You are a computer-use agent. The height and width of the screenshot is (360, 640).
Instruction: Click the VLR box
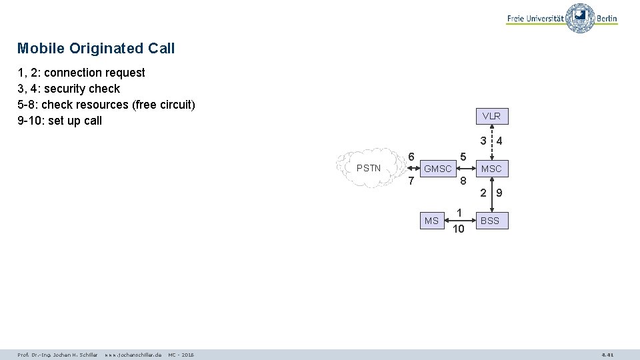pyautogui.click(x=491, y=116)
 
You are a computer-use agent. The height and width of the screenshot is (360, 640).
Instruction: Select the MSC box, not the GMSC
pyautogui.click(x=491, y=169)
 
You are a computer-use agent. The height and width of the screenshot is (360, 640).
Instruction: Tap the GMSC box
pyautogui.click(x=438, y=169)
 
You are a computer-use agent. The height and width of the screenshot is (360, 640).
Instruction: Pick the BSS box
pyautogui.click(x=490, y=220)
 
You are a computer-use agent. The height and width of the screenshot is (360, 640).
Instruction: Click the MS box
pyautogui.click(x=432, y=221)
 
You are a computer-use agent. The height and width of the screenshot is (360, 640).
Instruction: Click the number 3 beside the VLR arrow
pyautogui.click(x=483, y=141)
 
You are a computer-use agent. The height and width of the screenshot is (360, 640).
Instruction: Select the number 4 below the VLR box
pyautogui.click(x=499, y=141)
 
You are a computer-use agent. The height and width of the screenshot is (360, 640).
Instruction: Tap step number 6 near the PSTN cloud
pyautogui.click(x=411, y=157)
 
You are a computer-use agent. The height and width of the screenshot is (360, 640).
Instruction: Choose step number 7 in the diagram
pyautogui.click(x=411, y=181)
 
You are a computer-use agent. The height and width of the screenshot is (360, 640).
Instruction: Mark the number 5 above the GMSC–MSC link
pyautogui.click(x=462, y=157)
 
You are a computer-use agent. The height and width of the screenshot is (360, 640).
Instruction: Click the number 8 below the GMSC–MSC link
pyautogui.click(x=462, y=181)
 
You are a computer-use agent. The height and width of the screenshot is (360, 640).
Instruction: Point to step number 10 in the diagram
pyautogui.click(x=458, y=229)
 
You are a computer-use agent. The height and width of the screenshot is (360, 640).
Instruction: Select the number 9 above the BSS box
pyautogui.click(x=499, y=194)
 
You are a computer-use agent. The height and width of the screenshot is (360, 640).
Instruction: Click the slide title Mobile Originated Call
pyautogui.click(x=96, y=48)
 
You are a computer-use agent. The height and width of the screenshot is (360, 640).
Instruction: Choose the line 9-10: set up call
pyautogui.click(x=59, y=121)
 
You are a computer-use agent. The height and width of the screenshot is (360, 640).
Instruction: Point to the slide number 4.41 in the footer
pyautogui.click(x=607, y=355)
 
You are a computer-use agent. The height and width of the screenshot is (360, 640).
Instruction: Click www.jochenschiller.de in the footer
pyautogui.click(x=133, y=355)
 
